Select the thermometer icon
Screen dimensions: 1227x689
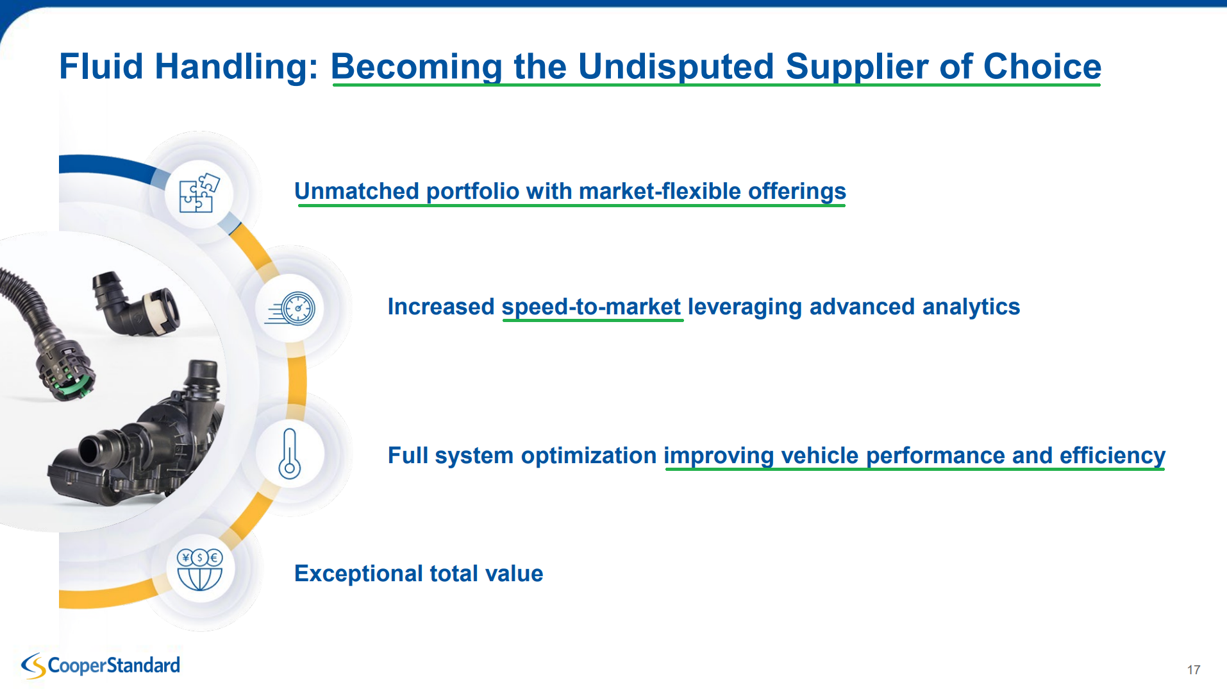(290, 454)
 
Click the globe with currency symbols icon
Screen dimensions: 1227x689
(199, 570)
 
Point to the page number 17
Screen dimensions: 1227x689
(1194, 670)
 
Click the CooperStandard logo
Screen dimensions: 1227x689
(101, 666)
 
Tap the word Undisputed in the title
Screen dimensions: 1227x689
(676, 67)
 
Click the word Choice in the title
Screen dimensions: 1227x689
(1042, 67)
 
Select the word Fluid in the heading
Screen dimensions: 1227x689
(101, 67)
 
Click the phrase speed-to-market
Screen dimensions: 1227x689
(591, 307)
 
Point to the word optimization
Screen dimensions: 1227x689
(588, 455)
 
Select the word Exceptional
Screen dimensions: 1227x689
(358, 574)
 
